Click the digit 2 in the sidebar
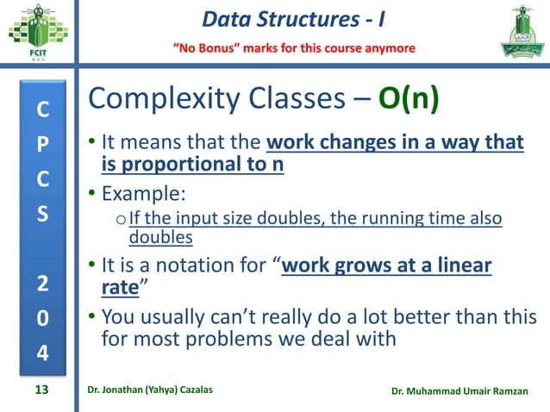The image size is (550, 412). pyautogui.click(x=41, y=285)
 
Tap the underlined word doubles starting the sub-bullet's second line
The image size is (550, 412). pyautogui.click(x=160, y=235)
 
